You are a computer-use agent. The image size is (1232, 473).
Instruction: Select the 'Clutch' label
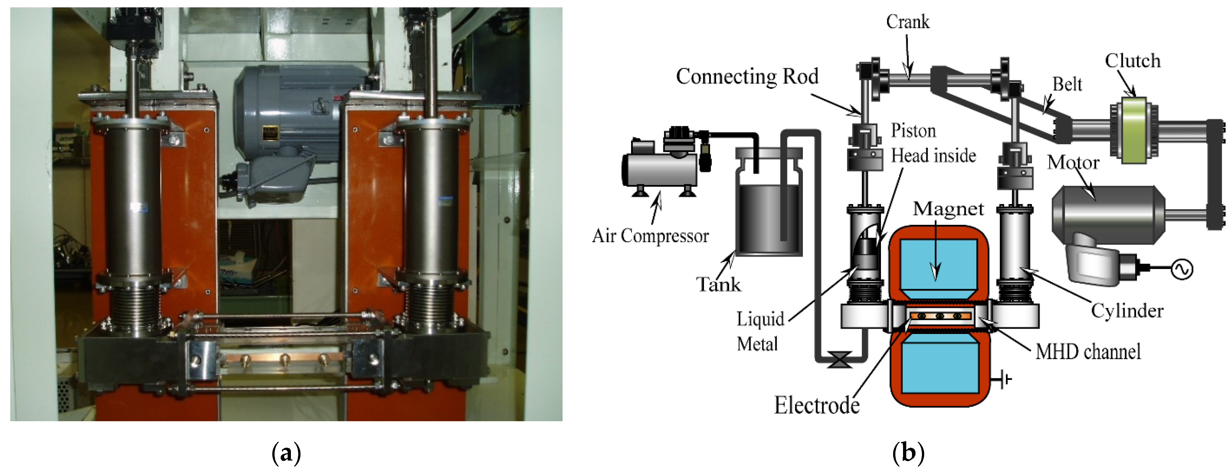(x=1132, y=61)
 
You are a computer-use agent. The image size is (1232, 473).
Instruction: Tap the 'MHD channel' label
(x=1088, y=352)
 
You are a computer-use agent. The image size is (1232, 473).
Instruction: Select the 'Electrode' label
(x=816, y=405)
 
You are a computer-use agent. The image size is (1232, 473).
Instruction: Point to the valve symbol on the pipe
(x=839, y=359)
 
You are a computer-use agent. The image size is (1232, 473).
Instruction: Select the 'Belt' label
(x=1067, y=84)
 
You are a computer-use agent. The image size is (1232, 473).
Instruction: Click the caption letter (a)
(x=286, y=453)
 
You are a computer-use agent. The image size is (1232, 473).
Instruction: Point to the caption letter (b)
(x=908, y=453)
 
